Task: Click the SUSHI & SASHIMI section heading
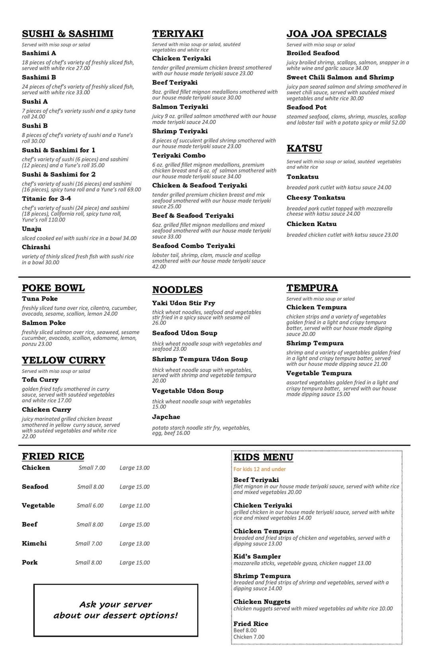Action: coord(67,34)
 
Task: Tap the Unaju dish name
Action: coord(32,229)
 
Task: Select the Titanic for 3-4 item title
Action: coord(47,198)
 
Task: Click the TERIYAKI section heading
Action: coord(178,34)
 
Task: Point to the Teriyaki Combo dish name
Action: coord(179,156)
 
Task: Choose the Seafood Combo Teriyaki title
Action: coord(193,246)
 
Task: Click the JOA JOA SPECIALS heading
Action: coord(336,34)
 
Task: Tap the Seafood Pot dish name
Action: coord(307,107)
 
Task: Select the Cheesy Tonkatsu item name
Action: coord(316,198)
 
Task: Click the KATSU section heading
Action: coord(304,148)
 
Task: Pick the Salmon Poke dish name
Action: coord(44,323)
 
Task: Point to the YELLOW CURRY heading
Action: coord(64,360)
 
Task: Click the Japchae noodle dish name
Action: coord(166,417)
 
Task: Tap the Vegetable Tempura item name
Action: coord(319,373)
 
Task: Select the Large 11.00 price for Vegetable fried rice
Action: coord(135,506)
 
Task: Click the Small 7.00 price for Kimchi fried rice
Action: coord(88,543)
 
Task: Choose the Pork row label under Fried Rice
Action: coord(30,563)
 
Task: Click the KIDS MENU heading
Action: coord(263,458)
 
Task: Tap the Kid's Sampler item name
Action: coord(257,557)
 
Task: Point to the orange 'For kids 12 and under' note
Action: coord(260,469)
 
